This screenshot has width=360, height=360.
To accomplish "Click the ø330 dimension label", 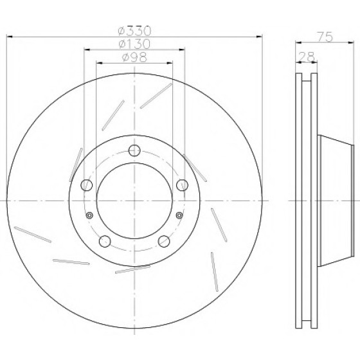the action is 135,31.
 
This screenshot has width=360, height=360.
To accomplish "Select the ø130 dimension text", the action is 135,44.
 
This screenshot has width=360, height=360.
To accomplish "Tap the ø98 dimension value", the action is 134,57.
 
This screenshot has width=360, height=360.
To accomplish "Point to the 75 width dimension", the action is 325,37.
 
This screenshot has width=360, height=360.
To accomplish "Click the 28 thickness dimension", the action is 306,57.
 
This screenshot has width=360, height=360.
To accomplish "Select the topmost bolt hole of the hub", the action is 134,151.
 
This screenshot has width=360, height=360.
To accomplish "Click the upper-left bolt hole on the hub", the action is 87,185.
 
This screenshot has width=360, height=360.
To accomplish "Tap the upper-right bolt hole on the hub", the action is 183,185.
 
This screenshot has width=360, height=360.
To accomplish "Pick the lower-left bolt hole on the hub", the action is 105,241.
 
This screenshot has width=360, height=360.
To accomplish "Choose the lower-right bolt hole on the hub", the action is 164,241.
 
